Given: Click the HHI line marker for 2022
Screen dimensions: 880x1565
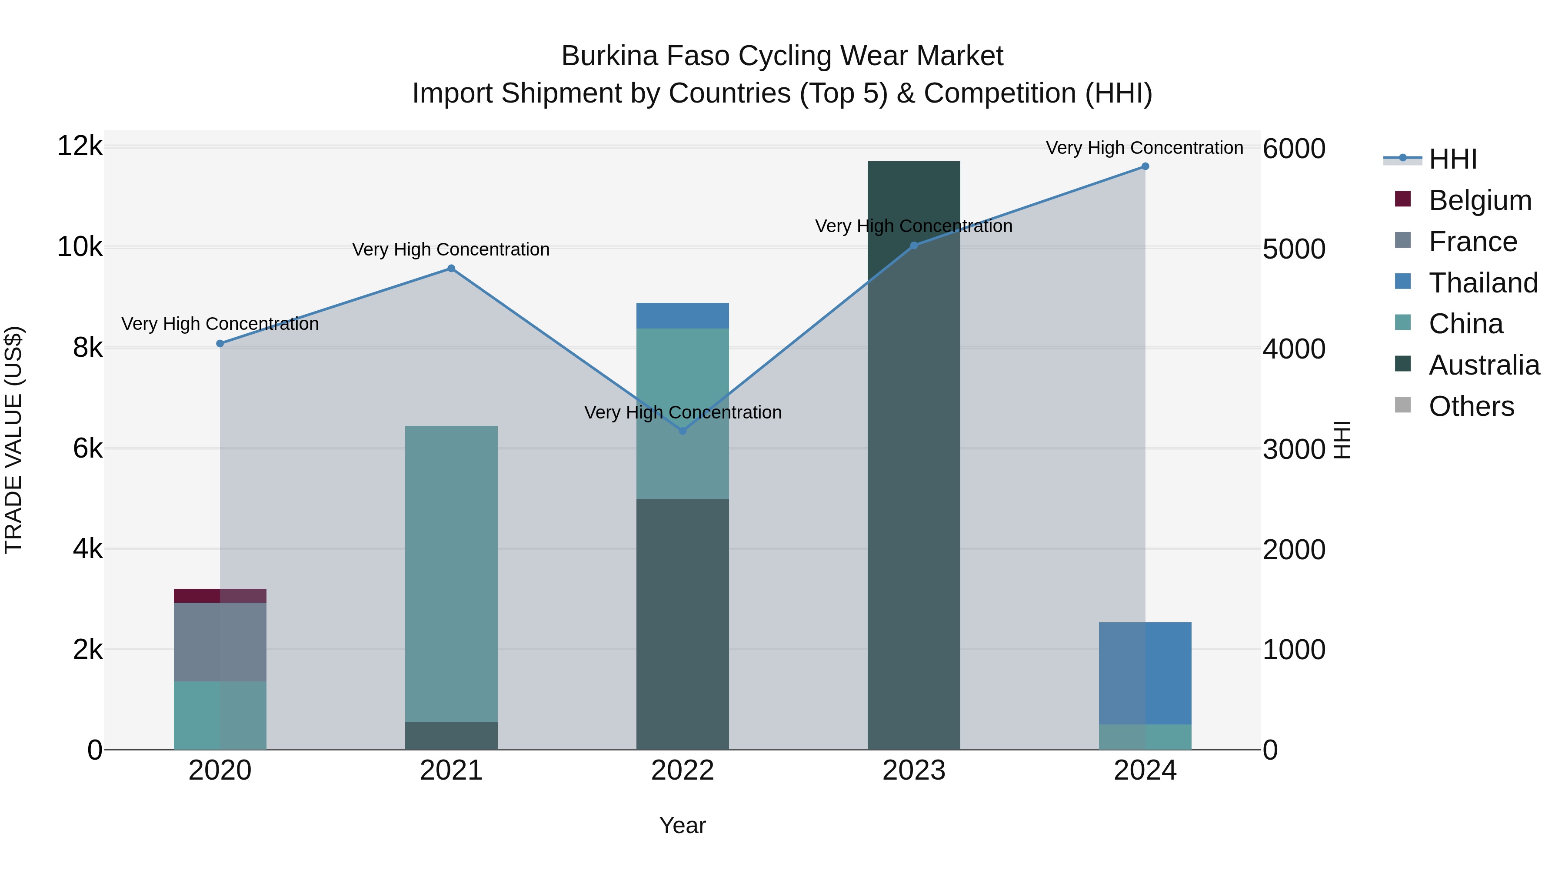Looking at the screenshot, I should pyautogui.click(x=682, y=431).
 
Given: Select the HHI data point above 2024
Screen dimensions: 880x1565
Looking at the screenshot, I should pyautogui.click(x=1145, y=166).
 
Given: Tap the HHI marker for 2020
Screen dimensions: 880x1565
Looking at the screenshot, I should pyautogui.click(x=220, y=344).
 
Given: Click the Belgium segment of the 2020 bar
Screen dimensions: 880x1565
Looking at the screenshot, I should pyautogui.click(x=220, y=596).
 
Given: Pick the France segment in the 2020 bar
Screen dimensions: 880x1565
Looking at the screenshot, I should pyautogui.click(x=220, y=642).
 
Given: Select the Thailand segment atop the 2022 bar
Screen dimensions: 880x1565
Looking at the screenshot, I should pyautogui.click(x=682, y=316).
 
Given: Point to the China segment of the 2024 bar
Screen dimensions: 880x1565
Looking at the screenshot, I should pyautogui.click(x=1145, y=737).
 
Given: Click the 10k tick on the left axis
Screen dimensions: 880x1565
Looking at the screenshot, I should pyautogui.click(x=80, y=247).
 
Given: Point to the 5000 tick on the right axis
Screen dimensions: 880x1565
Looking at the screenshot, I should pyautogui.click(x=1293, y=249).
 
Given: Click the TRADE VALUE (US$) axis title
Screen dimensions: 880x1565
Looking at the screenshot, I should pyautogui.click(x=13, y=440).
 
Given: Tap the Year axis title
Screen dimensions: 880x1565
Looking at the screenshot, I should pyautogui.click(x=682, y=825).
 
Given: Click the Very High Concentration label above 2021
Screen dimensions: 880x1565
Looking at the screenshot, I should pyautogui.click(x=451, y=249).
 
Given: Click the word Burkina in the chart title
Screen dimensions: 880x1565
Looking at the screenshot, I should pyautogui.click(x=609, y=56).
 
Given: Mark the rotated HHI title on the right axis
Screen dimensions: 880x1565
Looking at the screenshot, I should pyautogui.click(x=1342, y=440).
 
